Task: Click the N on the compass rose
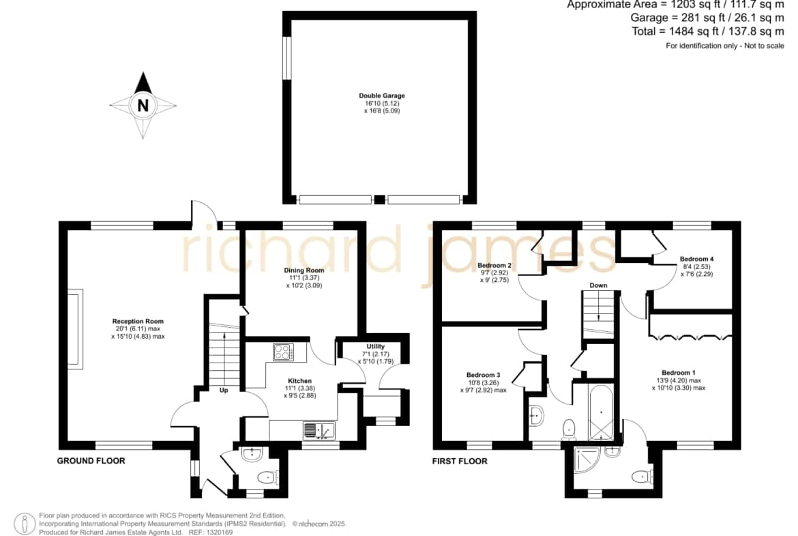143,105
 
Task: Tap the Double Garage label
382,96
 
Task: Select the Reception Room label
138,322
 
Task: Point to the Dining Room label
304,270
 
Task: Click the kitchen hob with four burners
284,352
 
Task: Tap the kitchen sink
319,431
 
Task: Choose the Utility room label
376,346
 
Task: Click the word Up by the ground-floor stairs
224,391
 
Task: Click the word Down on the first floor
599,285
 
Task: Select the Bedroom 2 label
494,266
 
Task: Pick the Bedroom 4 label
697,259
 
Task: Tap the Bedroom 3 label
483,375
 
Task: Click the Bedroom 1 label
679,372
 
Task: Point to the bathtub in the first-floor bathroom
601,412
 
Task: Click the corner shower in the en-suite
589,460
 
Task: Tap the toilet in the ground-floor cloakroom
267,477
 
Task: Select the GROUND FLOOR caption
91,461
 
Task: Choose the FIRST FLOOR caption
460,462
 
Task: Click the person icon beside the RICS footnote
24,524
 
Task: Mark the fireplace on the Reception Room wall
76,328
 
